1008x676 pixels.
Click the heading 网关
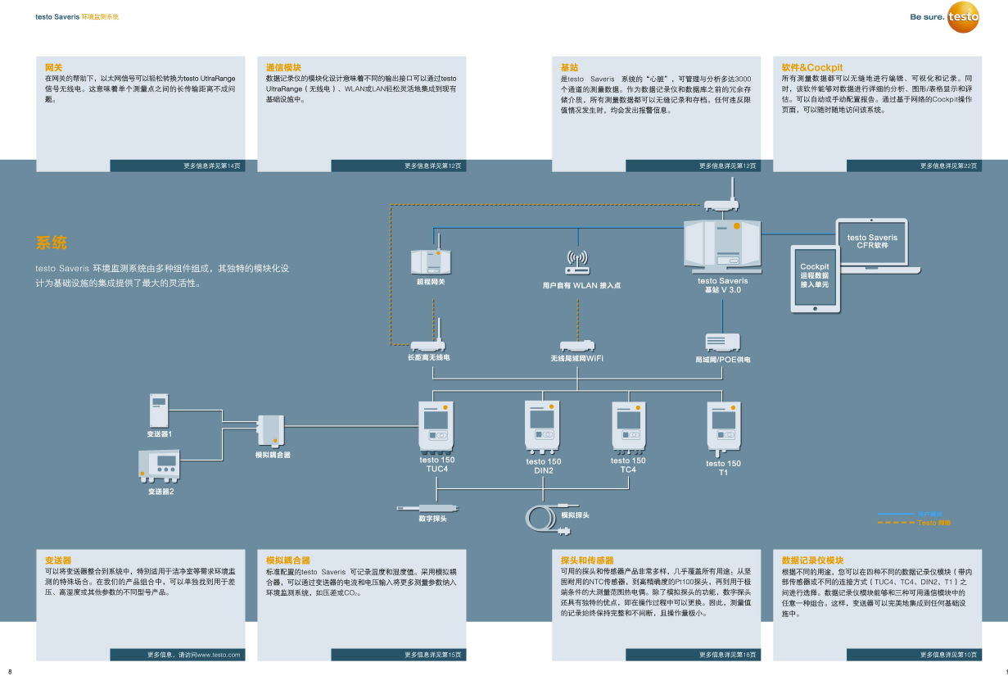(x=53, y=67)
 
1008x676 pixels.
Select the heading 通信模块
(x=283, y=67)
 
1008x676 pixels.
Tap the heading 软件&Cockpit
(x=811, y=67)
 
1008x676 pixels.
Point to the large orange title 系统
(x=51, y=243)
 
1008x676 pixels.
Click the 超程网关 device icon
(x=431, y=260)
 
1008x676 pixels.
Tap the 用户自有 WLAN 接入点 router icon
(x=576, y=263)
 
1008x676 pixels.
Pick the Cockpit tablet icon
(x=814, y=278)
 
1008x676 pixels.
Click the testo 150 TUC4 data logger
(x=436, y=426)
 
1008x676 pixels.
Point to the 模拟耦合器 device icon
(x=271, y=429)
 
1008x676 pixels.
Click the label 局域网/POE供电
(x=722, y=359)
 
